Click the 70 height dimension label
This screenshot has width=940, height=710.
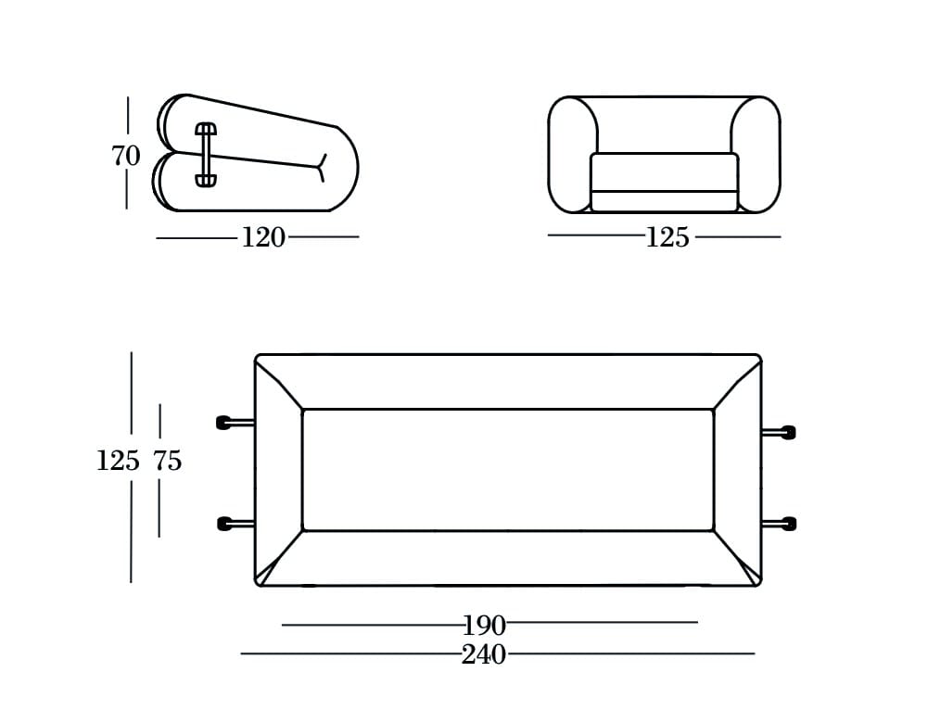pyautogui.click(x=126, y=156)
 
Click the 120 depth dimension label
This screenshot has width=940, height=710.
pyautogui.click(x=263, y=238)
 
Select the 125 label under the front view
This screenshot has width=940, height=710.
pyautogui.click(x=667, y=238)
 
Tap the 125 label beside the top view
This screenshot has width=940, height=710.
pyautogui.click(x=118, y=461)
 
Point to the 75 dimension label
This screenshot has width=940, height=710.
pyautogui.click(x=167, y=461)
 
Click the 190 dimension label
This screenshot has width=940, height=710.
pyautogui.click(x=485, y=627)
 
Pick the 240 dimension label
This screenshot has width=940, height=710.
pyautogui.click(x=484, y=654)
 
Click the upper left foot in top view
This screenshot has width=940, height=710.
pyautogui.click(x=224, y=423)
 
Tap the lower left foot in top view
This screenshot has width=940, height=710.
pyautogui.click(x=225, y=523)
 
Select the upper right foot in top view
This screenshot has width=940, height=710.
pyautogui.click(x=787, y=432)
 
